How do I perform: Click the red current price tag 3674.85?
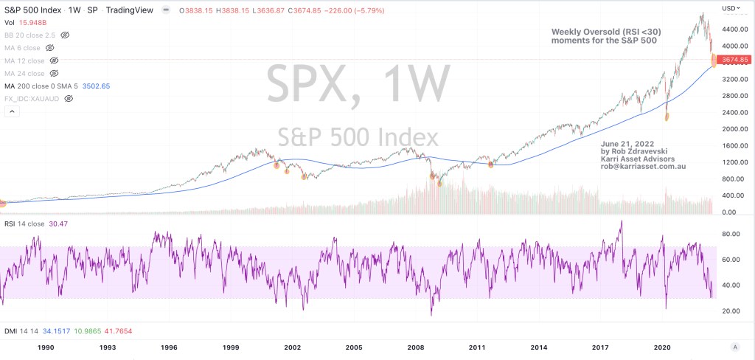pos(734,59)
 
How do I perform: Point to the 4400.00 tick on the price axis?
pos(731,29)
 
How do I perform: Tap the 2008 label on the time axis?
pos(416,347)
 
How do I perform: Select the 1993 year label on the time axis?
pos(108,347)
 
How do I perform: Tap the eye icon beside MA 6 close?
pos(53,48)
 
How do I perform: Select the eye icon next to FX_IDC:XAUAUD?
pos(68,98)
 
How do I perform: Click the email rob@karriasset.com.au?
pos(643,167)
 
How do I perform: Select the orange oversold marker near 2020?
pos(667,116)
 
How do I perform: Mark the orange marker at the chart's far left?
pos(2,204)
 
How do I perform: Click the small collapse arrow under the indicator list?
pos(12,111)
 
